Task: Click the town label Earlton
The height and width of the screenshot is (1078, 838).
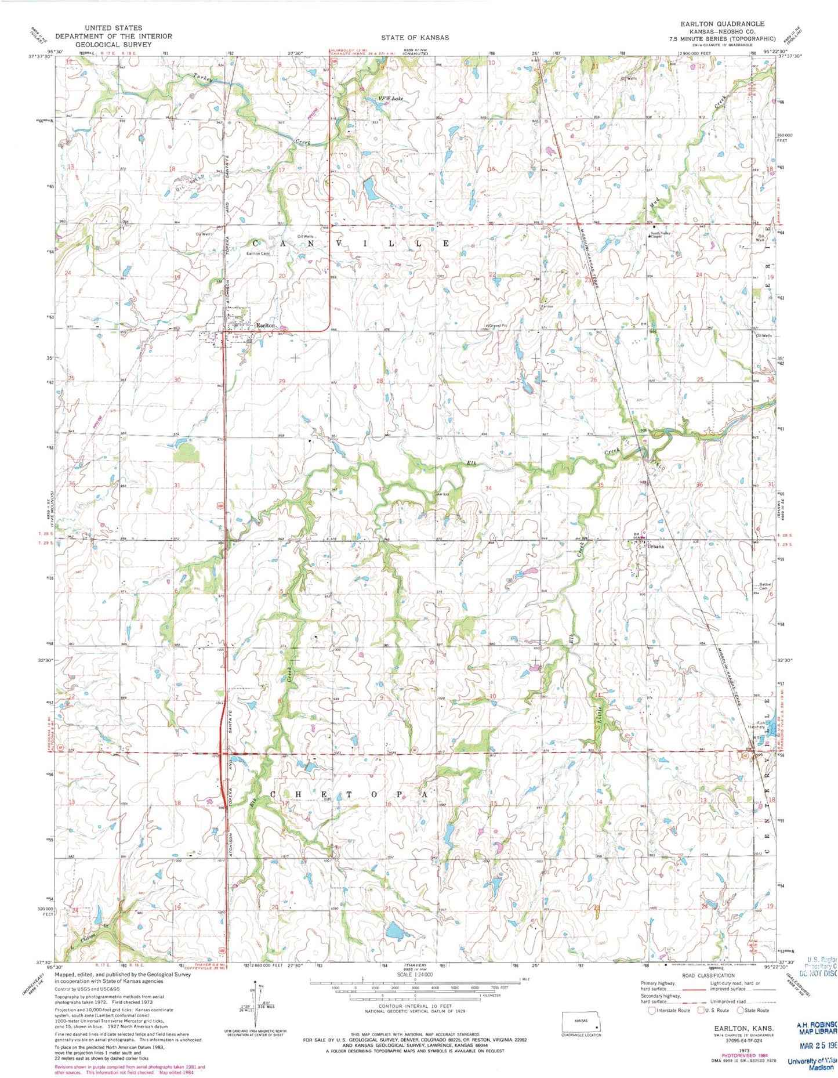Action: pyautogui.click(x=264, y=326)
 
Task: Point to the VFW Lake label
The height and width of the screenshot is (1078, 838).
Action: pyautogui.click(x=390, y=99)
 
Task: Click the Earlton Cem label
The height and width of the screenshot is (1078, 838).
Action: pyautogui.click(x=259, y=254)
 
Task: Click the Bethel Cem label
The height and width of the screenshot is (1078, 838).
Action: pyautogui.click(x=766, y=586)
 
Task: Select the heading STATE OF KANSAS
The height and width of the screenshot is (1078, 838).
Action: pyautogui.click(x=415, y=38)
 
